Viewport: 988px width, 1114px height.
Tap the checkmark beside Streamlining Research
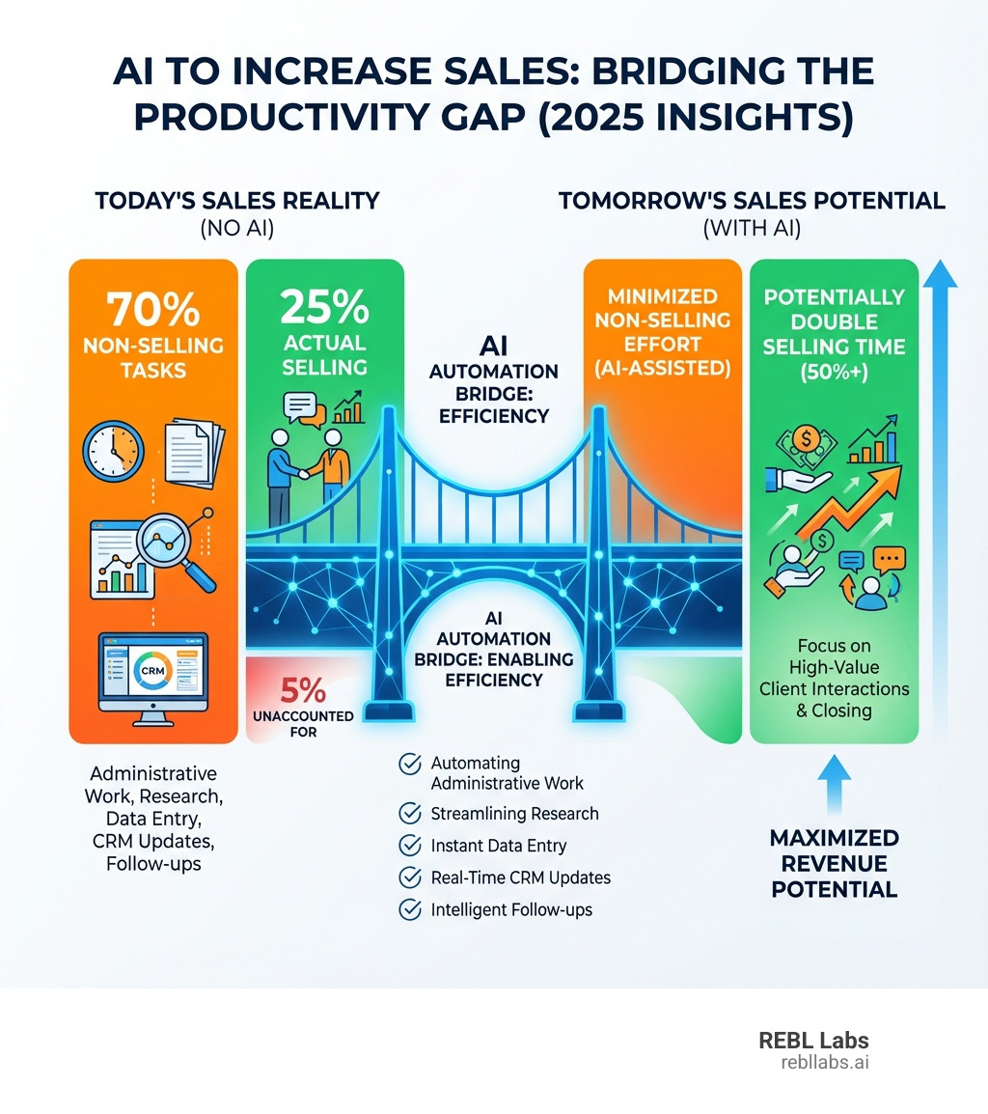point(409,813)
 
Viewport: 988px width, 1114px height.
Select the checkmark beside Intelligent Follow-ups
point(409,908)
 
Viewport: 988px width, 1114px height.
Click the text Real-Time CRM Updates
point(520,877)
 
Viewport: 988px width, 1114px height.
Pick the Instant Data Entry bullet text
point(498,846)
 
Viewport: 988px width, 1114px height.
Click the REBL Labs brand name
point(813,1041)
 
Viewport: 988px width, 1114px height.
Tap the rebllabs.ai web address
point(824,1062)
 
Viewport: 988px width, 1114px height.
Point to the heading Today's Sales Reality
point(236,201)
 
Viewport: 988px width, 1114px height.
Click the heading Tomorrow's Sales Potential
point(752,201)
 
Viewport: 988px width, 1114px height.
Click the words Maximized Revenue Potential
point(834,862)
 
